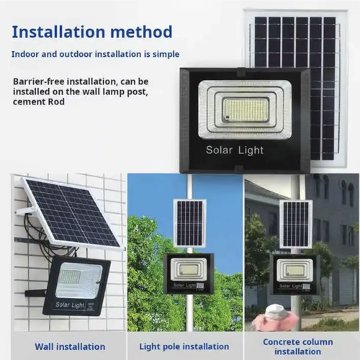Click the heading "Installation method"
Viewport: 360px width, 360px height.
point(92,32)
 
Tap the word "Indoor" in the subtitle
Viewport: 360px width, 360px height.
point(26,55)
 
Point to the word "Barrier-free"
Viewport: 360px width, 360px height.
point(37,81)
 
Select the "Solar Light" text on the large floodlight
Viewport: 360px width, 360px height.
point(235,150)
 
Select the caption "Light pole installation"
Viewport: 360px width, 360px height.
point(184,346)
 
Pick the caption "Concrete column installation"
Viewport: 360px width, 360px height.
point(297,346)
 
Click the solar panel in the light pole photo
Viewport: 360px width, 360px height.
point(189,222)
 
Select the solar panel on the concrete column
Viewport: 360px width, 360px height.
point(294,223)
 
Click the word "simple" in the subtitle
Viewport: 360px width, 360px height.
point(163,55)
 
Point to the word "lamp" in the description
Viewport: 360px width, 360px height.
point(130,91)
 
